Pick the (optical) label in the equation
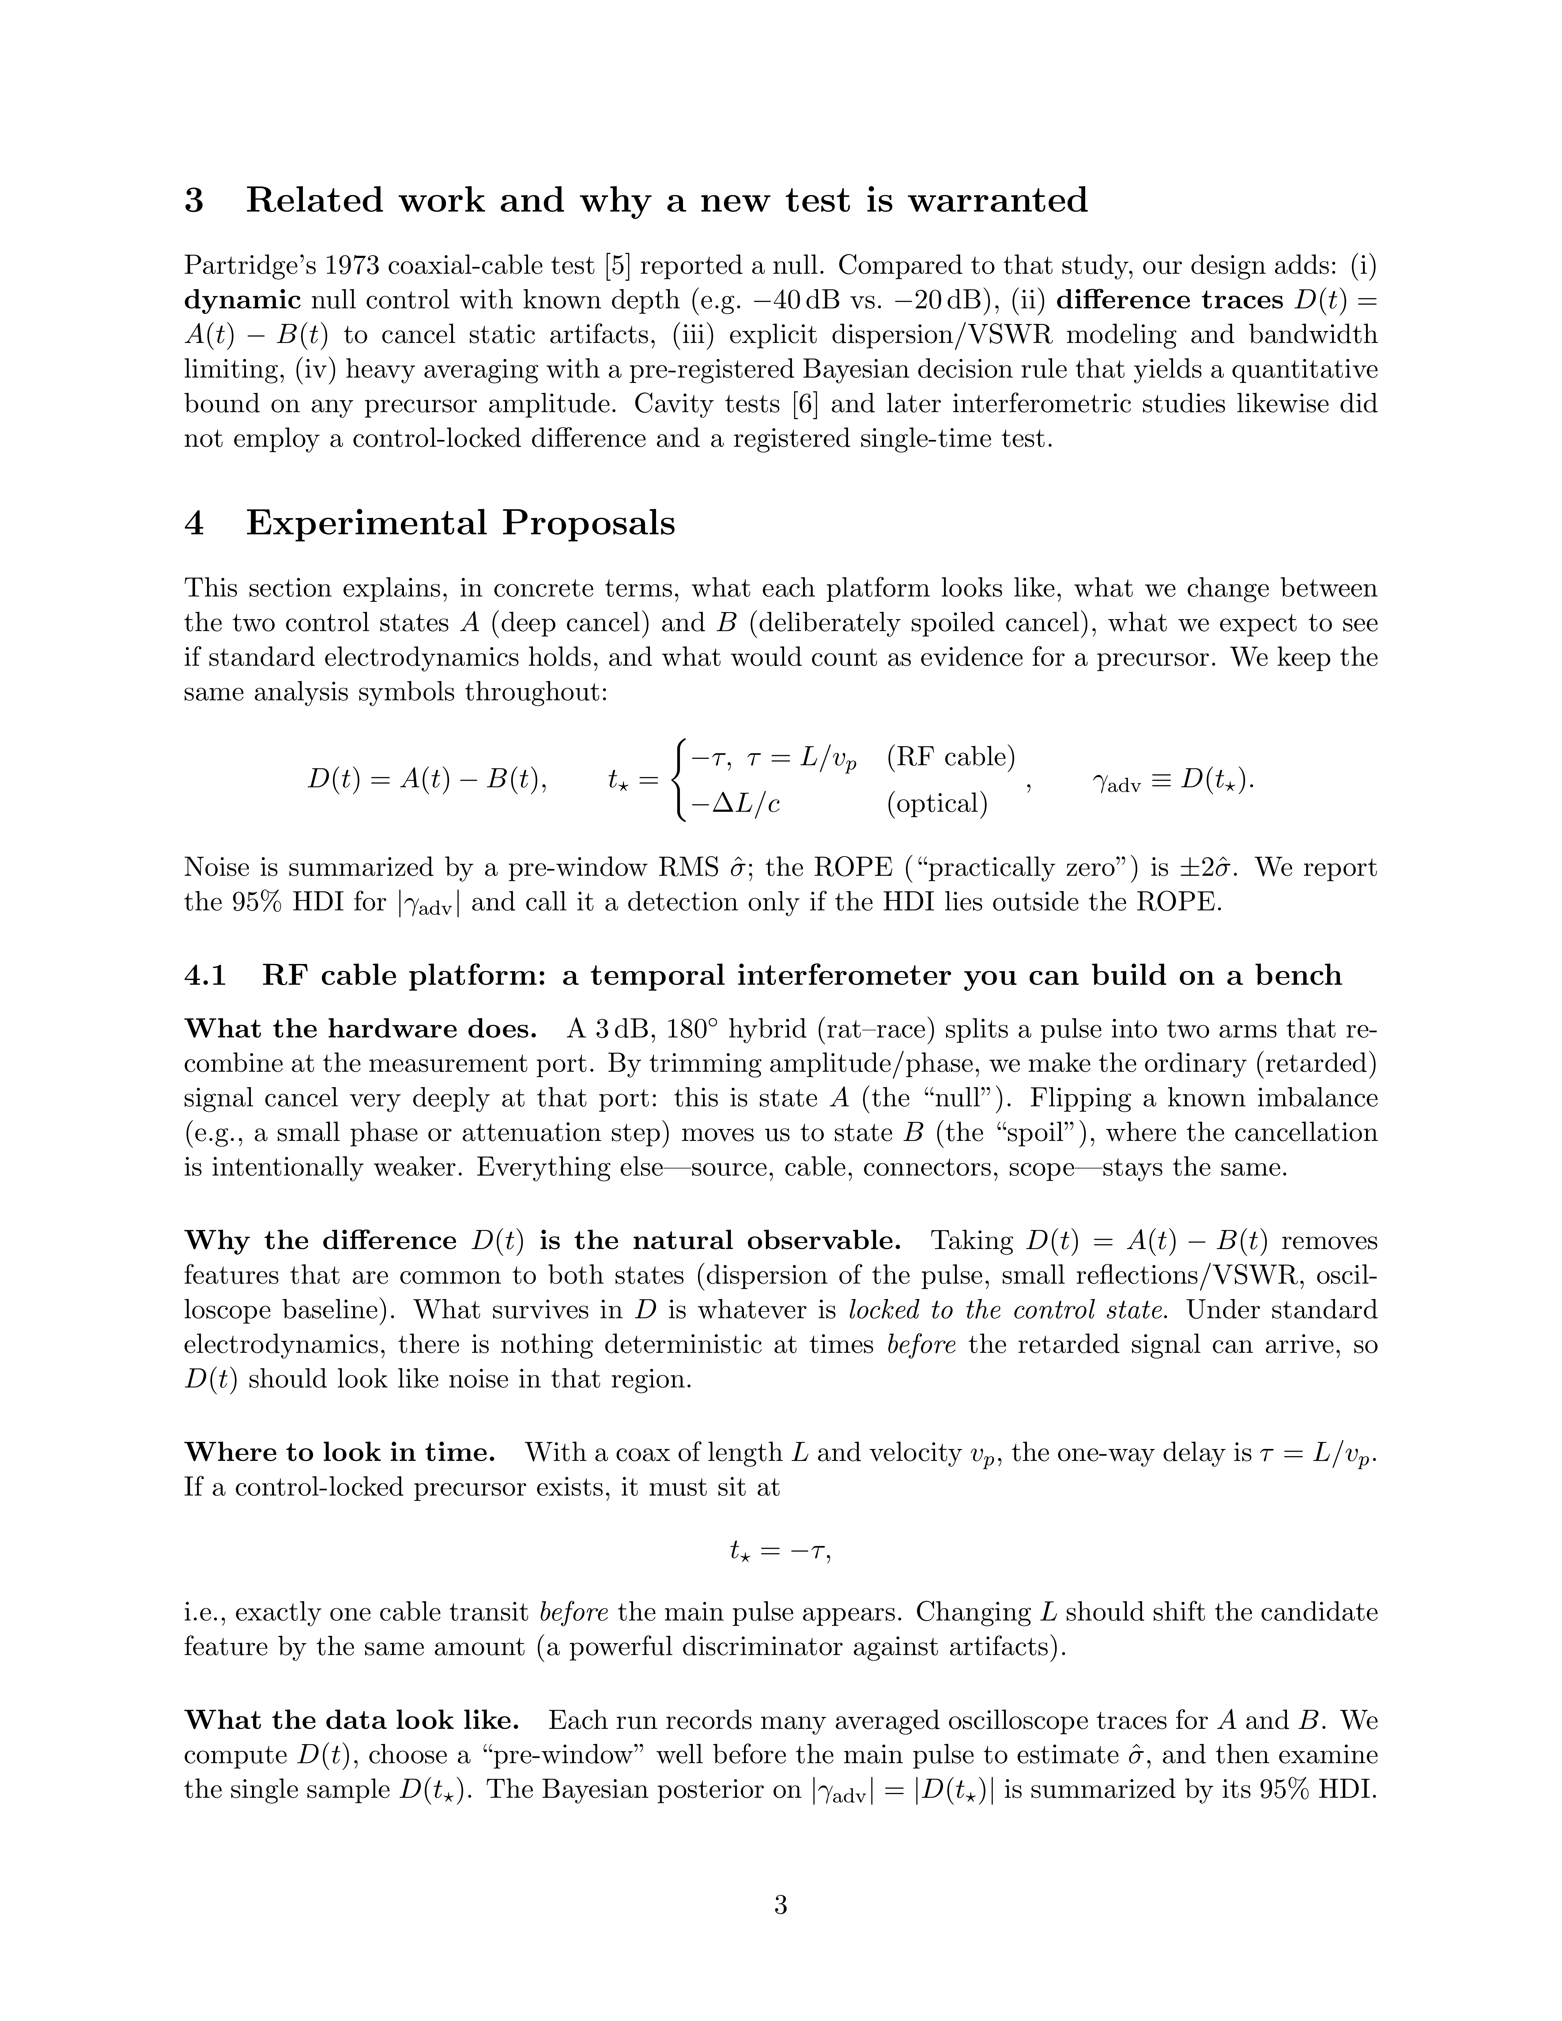[x=937, y=803]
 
